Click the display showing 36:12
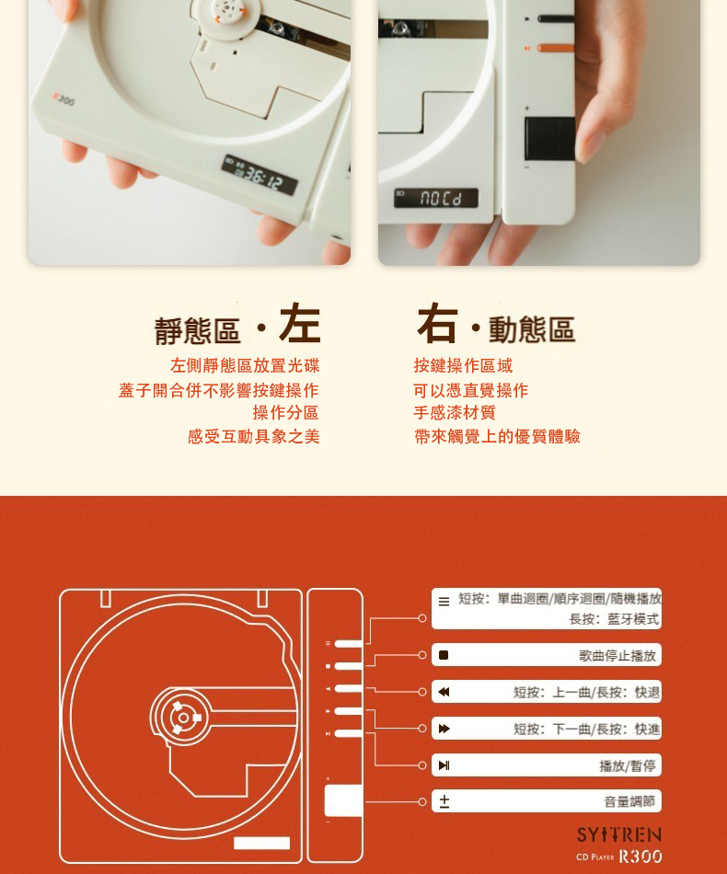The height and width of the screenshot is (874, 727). [260, 175]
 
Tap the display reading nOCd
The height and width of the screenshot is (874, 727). [436, 198]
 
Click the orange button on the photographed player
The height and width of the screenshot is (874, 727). [555, 48]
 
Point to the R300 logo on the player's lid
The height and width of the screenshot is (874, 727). [63, 98]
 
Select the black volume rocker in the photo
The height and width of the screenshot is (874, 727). [549, 138]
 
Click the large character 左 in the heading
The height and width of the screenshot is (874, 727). [299, 323]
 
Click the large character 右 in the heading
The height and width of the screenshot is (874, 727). [437, 323]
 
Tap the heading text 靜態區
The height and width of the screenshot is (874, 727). [197, 330]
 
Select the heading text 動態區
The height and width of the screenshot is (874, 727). [531, 328]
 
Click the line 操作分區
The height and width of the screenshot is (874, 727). [285, 412]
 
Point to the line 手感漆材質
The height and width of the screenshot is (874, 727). [455, 412]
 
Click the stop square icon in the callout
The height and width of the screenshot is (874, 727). [444, 655]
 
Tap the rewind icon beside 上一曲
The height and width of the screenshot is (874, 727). [444, 692]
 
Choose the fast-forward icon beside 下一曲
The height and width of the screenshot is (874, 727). [444, 729]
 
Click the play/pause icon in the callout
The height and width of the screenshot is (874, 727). [444, 765]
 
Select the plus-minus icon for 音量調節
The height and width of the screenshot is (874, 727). [444, 801]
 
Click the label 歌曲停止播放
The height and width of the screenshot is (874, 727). [617, 655]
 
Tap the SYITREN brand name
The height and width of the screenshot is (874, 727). [618, 834]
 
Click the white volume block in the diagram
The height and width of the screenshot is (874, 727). [343, 800]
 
